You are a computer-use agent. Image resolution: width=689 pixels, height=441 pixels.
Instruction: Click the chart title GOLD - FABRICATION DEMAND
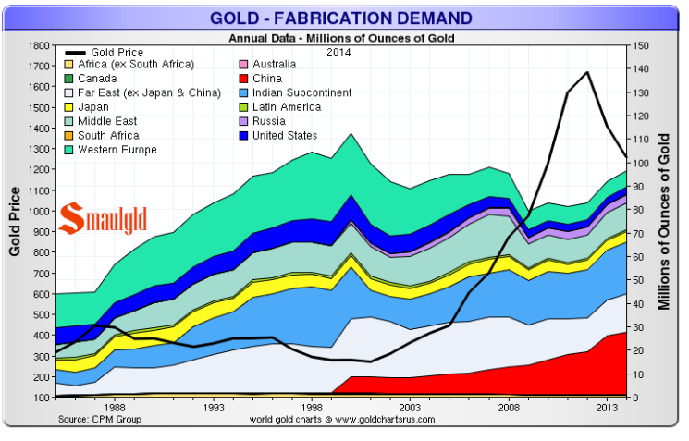(340, 18)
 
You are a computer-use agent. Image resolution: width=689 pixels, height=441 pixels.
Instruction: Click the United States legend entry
(291, 135)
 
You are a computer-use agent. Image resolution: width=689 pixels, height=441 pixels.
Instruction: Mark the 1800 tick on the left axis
(37, 45)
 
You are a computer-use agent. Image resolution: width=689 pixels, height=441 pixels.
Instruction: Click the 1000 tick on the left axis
(37, 211)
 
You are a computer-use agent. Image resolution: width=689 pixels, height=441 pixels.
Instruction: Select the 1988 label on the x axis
(116, 407)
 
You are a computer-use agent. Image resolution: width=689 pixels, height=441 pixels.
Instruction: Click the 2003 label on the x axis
(410, 407)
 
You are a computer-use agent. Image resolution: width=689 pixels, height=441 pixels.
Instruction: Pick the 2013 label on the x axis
(607, 407)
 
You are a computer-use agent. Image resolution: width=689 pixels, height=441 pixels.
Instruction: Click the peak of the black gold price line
(587, 72)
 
